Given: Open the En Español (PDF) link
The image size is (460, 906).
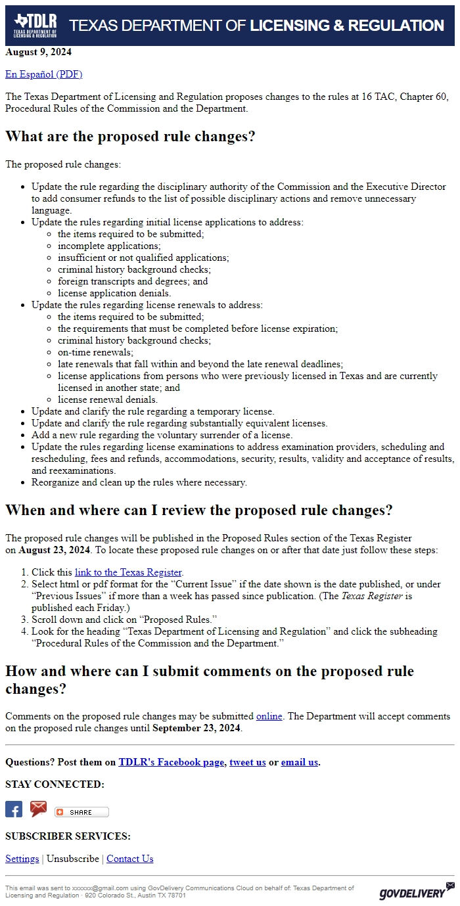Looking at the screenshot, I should point(43,74).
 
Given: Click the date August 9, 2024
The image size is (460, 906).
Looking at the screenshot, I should point(38,52).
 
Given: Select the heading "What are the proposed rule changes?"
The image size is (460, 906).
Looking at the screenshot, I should point(130,137).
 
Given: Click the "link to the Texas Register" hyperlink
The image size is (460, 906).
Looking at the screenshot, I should point(128,572).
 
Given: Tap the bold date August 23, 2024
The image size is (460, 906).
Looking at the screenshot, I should point(54,550).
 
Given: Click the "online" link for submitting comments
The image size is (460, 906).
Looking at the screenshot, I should point(269,716).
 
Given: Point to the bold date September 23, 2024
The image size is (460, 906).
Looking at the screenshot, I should point(196,728).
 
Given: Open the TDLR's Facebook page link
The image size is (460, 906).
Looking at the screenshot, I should point(171,762).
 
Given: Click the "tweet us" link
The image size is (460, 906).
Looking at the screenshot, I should point(248,762).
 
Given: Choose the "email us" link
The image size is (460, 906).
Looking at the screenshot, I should point(299,762).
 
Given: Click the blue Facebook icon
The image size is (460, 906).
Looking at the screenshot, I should point(14,809).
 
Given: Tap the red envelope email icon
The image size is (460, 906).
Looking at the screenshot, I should point(39,809).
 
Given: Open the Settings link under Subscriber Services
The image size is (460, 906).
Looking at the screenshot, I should point(22,859).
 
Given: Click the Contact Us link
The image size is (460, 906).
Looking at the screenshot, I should point(130,859).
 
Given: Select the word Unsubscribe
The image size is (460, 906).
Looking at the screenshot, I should point(72,859).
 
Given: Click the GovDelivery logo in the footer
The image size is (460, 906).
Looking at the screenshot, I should point(416,892).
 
